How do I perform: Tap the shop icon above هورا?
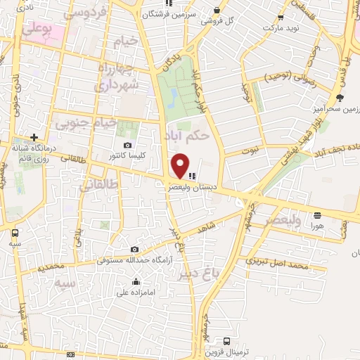tap(318, 214)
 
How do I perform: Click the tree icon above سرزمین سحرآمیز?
tap(340, 98)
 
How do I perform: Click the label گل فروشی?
tap(218, 21)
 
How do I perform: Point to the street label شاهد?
tap(225, 226)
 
